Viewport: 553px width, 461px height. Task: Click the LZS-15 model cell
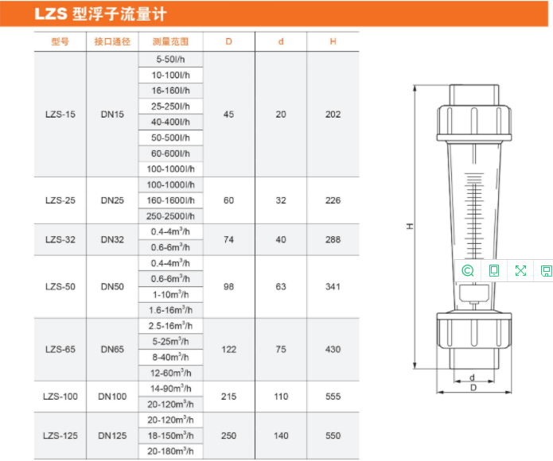click(60, 114)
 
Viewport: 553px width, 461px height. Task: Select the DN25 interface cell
click(112, 200)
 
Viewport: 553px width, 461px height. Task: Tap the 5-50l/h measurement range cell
click(171, 59)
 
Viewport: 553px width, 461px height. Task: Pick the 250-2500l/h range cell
click(171, 216)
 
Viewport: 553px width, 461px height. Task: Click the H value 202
click(333, 114)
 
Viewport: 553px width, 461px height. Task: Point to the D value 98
click(228, 287)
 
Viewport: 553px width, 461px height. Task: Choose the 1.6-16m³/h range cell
click(171, 310)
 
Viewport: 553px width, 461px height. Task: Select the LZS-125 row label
click(60, 436)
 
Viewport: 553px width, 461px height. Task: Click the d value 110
click(281, 397)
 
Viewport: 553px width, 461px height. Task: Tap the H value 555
click(333, 397)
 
